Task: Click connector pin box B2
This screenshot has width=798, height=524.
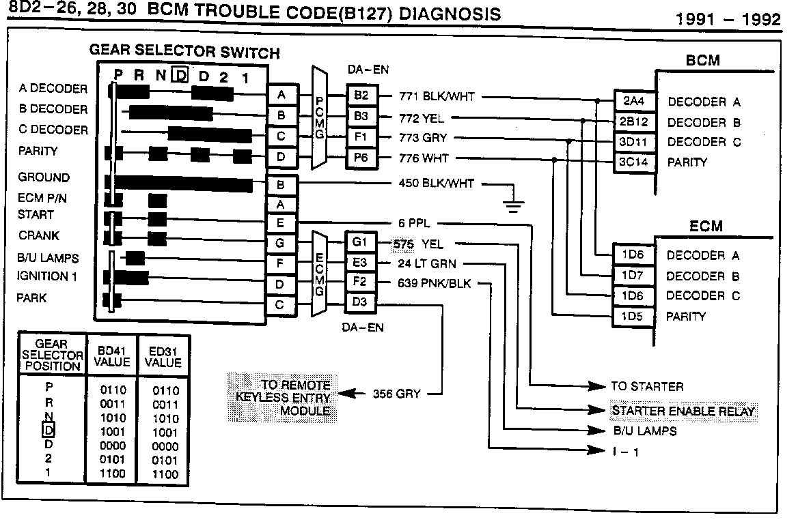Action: pyautogui.click(x=361, y=96)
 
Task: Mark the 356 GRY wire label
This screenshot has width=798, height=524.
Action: pyautogui.click(x=396, y=394)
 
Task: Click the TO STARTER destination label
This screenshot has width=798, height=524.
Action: pyautogui.click(x=646, y=386)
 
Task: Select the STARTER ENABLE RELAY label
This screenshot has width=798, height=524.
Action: pyautogui.click(x=683, y=411)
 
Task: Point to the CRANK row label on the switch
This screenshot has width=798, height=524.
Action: pyautogui.click(x=39, y=235)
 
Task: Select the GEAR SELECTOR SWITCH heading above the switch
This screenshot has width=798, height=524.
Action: pyautogui.click(x=184, y=53)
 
